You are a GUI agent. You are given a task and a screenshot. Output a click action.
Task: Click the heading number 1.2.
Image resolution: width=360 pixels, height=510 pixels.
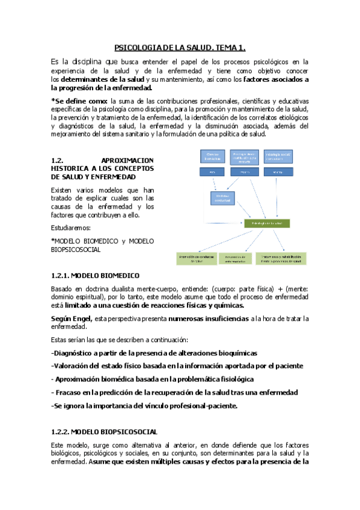[x=58, y=159]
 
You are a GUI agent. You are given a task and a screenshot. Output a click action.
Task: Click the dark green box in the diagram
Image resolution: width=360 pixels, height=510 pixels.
[x=267, y=223]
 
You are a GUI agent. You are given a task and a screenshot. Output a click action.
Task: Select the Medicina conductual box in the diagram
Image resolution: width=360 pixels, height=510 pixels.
[x=224, y=197]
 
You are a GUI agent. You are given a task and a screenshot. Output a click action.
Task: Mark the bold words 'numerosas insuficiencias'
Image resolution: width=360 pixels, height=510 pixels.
[x=208, y=318]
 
